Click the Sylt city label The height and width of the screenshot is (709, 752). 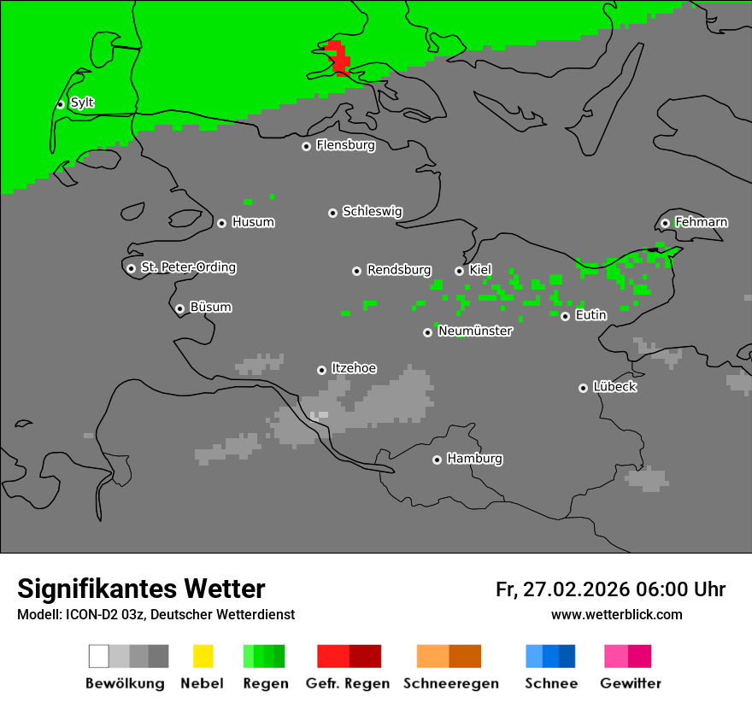tap(82, 103)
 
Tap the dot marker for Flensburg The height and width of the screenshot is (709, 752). tap(306, 146)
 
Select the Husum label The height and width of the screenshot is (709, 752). tap(253, 223)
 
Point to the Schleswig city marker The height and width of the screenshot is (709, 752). tap(332, 213)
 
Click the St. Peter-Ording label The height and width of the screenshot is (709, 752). tap(188, 268)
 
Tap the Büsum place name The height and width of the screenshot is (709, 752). tap(210, 308)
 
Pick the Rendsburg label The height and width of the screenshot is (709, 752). tap(399, 271)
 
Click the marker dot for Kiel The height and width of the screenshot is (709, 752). tap(459, 271)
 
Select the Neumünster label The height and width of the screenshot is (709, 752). tap(475, 331)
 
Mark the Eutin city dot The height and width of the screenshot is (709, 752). tap(565, 316)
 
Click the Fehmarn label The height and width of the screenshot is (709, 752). tap(701, 223)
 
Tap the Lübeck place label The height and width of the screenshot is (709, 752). tap(614, 388)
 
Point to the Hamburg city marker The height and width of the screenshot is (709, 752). tap(437, 460)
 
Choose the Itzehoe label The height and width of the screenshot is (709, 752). tap(354, 369)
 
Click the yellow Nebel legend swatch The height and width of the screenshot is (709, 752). tap(203, 656)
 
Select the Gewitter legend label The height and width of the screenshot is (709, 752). tap(631, 683)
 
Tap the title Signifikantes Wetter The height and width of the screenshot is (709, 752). tap(141, 589)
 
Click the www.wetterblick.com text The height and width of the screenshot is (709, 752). tap(616, 614)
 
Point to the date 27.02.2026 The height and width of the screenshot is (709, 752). tap(575, 589)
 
